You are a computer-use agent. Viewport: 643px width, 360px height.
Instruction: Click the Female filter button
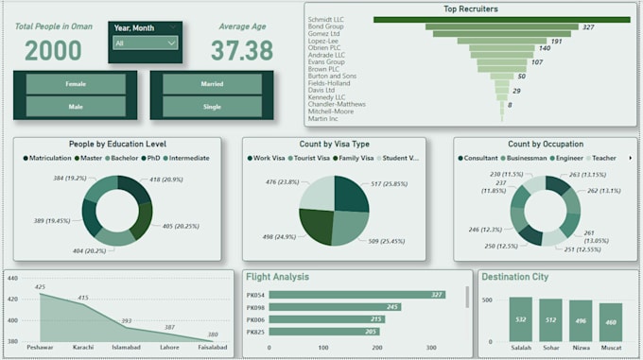[76, 84]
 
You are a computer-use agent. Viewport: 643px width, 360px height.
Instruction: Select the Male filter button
[76, 107]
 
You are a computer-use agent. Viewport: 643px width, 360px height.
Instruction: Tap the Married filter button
[212, 84]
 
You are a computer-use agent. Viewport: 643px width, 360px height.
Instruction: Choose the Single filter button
[212, 107]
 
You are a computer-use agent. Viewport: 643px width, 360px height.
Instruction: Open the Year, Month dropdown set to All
[144, 43]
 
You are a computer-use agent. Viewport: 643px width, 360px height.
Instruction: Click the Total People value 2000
[53, 51]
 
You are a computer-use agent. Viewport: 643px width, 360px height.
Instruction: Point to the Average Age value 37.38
[241, 51]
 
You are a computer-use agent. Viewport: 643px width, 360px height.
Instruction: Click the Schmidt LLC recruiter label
[326, 19]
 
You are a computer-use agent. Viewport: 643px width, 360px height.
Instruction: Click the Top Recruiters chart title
[470, 9]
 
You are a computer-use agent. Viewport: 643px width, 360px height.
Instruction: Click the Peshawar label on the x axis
[40, 348]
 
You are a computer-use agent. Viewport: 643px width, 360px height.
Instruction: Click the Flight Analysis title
[277, 277]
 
